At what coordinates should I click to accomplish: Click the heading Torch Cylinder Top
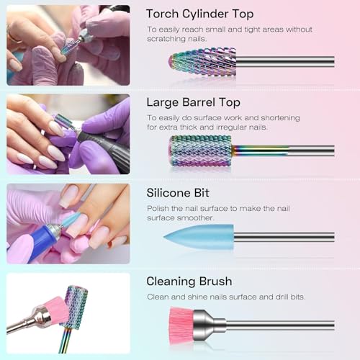pos(199,14)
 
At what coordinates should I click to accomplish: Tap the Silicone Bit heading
pos(180,193)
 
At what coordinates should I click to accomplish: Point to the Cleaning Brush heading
pos(189,282)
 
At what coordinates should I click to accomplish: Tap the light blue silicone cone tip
pos(199,235)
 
